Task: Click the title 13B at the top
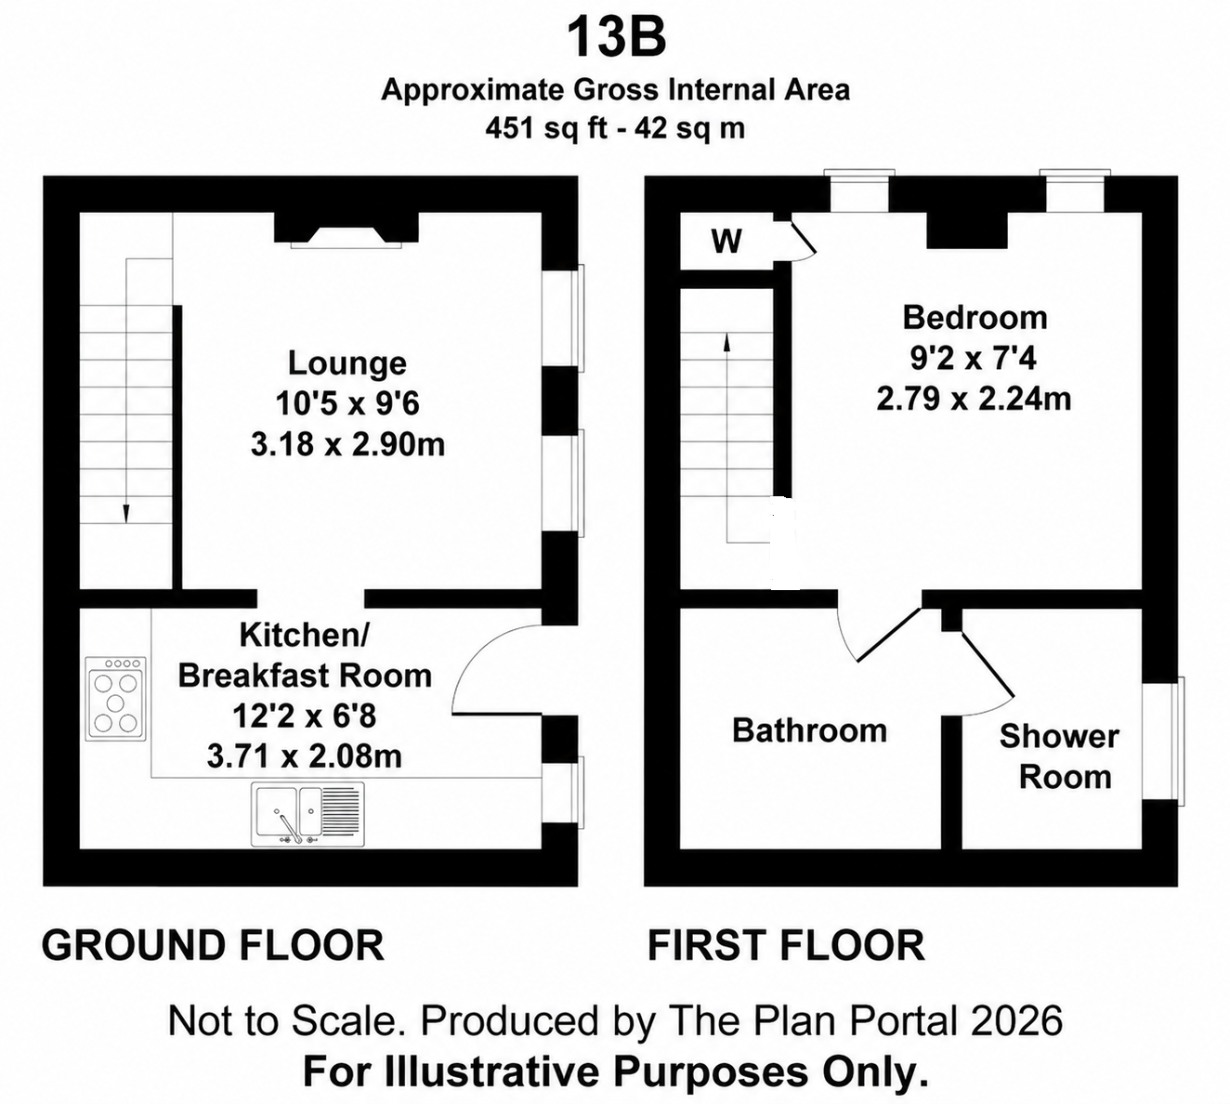pos(616,37)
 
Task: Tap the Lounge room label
pos(347,363)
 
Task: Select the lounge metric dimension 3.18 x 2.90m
pos(347,444)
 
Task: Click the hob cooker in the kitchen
pos(115,698)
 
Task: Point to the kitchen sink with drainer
pos(307,814)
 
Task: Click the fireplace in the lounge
pos(347,230)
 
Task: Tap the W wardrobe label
pos(726,241)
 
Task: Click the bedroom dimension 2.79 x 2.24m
pos(974,399)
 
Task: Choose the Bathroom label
pos(810,730)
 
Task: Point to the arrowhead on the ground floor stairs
pos(126,514)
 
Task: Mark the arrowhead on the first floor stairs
pos(726,342)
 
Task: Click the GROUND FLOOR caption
pos(213,945)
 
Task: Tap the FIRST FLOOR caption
pos(786,945)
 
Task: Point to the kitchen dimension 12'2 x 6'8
pos(304,716)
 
